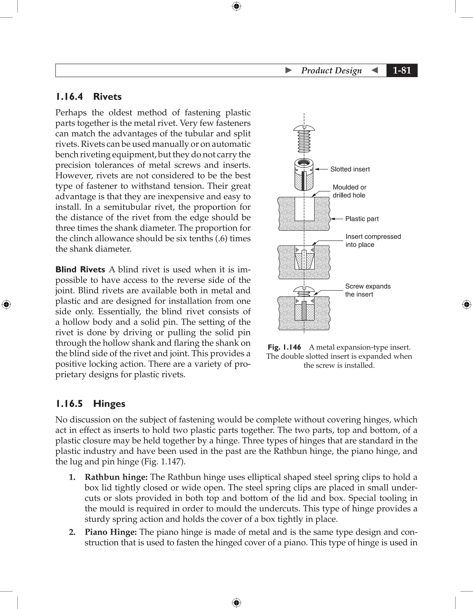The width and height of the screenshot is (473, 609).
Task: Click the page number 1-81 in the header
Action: coord(402,70)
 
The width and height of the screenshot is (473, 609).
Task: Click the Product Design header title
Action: coord(331,70)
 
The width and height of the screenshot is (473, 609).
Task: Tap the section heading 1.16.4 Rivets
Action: coord(89,97)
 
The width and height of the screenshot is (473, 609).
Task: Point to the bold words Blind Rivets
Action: coord(80,269)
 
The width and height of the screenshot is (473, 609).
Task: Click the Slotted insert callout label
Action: coord(350,169)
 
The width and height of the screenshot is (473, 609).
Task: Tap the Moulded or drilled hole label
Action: coord(349,191)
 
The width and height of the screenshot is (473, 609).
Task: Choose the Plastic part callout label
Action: coord(362,219)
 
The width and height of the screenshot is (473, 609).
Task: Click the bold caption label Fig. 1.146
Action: coord(284,347)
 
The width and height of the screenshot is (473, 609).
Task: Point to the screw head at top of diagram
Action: coord(304,128)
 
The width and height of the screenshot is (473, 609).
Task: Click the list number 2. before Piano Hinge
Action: coord(72,532)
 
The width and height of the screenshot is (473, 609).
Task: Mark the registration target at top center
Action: coord(236,6)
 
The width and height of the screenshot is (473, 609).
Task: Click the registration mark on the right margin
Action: coord(466,304)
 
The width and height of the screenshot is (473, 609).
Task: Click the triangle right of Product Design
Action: coord(375,70)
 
